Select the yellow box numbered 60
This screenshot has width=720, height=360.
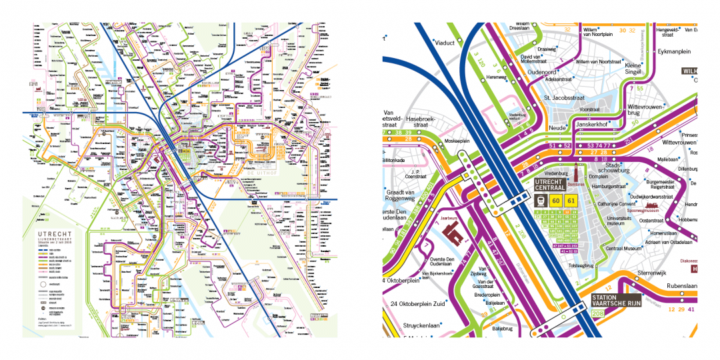point(555,201)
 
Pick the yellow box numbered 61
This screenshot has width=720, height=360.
point(571,201)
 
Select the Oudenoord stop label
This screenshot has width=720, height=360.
point(543,71)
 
